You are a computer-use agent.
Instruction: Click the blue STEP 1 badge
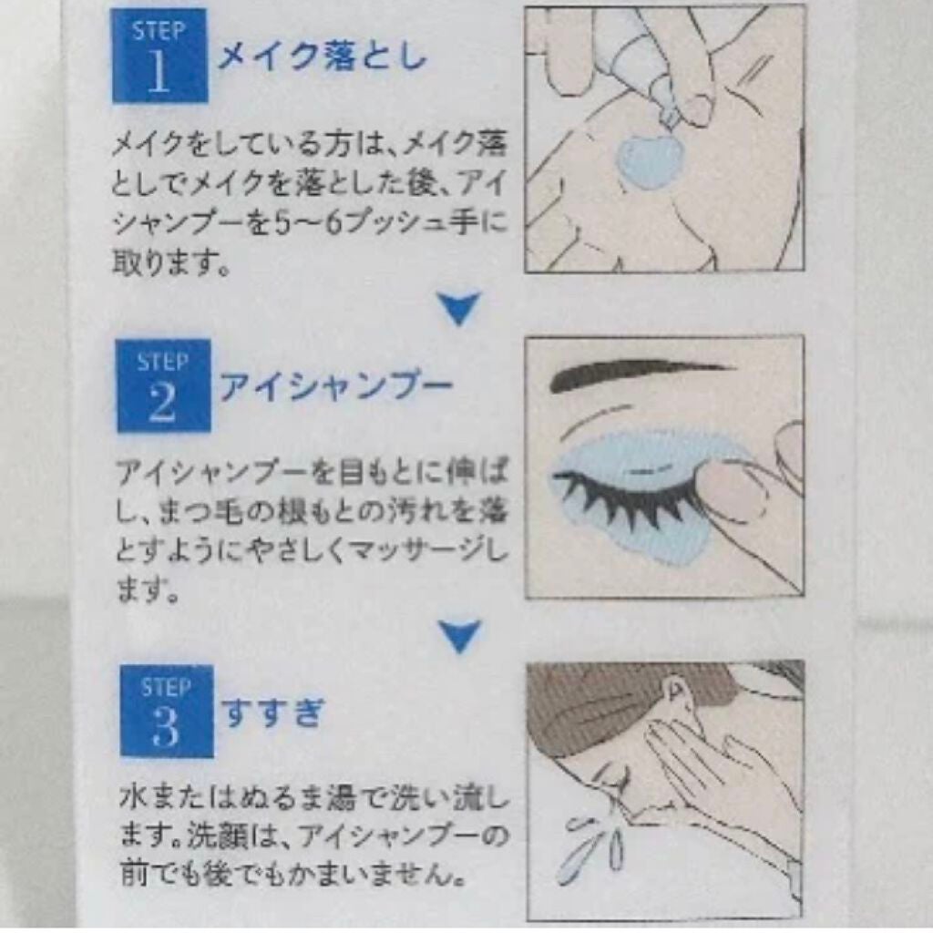click(159, 56)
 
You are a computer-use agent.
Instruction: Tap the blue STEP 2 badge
click(164, 385)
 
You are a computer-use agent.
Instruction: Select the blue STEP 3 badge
click(167, 711)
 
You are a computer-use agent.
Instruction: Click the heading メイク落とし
click(322, 57)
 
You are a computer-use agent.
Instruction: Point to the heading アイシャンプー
click(336, 386)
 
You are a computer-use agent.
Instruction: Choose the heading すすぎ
click(273, 712)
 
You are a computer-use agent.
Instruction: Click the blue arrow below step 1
click(459, 308)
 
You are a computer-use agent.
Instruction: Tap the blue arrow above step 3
click(459, 636)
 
